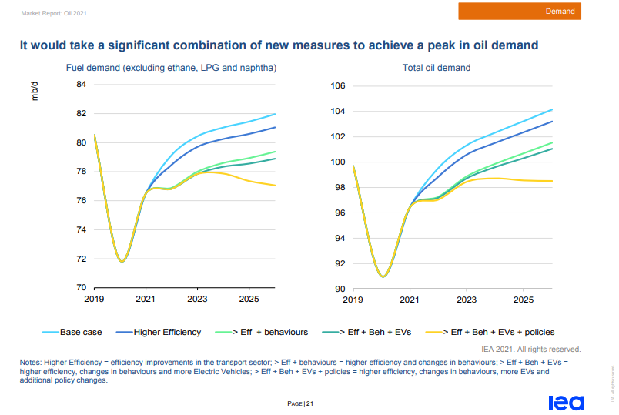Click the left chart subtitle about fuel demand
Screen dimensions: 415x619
click(171, 68)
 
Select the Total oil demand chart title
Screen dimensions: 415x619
click(436, 68)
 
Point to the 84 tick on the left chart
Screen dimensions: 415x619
click(81, 85)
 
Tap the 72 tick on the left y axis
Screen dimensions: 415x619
click(81, 259)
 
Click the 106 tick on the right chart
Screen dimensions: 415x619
click(338, 86)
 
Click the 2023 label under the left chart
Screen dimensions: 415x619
click(198, 299)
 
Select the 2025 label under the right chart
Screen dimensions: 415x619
click(524, 299)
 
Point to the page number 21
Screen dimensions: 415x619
click(309, 403)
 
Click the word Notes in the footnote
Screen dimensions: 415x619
click(32, 362)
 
